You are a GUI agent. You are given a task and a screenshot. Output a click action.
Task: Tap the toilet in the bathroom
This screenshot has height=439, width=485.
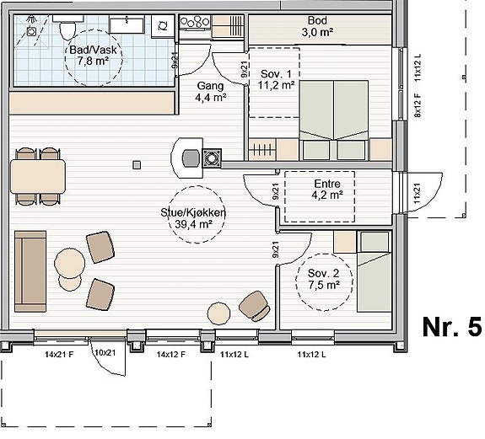67,28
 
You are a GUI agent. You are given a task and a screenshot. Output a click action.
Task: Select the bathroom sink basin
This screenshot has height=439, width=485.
127,25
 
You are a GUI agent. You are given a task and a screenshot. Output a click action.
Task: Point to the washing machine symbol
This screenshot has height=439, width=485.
163,26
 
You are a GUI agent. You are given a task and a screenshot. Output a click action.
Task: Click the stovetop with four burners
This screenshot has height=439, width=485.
195,23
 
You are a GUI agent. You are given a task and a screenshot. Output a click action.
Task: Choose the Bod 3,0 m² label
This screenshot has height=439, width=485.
317,26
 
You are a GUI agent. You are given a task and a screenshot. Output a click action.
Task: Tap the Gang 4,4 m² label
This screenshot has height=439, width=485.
210,92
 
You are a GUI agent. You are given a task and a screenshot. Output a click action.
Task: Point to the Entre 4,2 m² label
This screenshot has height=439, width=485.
327,189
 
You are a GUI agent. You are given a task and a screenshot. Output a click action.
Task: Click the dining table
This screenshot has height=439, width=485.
38,176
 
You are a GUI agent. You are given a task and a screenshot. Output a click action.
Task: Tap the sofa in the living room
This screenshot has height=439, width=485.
30,271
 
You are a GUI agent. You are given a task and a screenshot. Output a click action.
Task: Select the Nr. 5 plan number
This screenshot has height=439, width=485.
452,327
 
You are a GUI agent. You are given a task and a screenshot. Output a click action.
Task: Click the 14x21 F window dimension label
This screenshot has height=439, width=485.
59,354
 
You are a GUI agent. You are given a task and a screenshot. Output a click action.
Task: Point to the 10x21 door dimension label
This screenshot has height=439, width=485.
105,352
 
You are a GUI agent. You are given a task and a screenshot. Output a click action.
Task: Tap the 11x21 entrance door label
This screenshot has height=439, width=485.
418,194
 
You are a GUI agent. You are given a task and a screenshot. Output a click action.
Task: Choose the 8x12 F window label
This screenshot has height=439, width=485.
418,105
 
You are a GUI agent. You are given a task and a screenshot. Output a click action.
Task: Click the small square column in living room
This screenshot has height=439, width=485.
137,165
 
